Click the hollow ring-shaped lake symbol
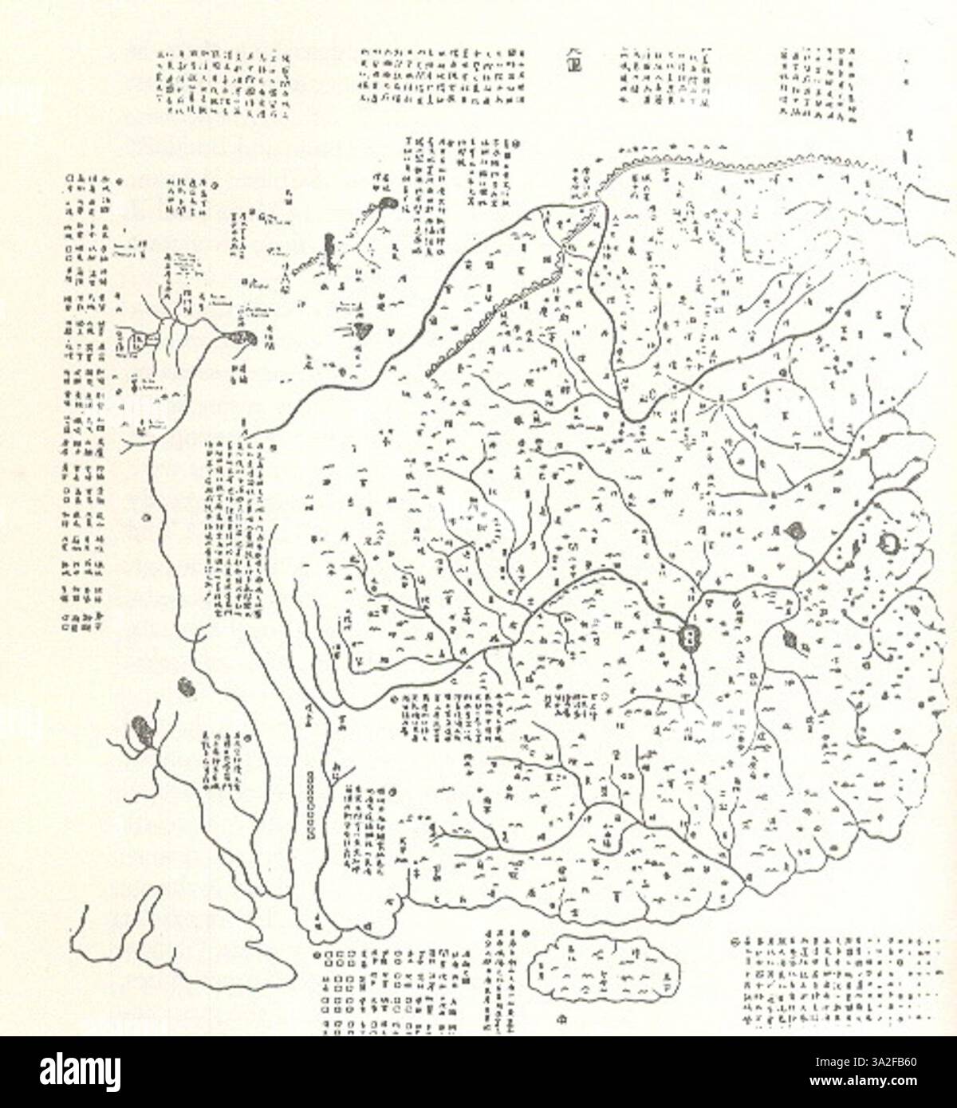(888, 543)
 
